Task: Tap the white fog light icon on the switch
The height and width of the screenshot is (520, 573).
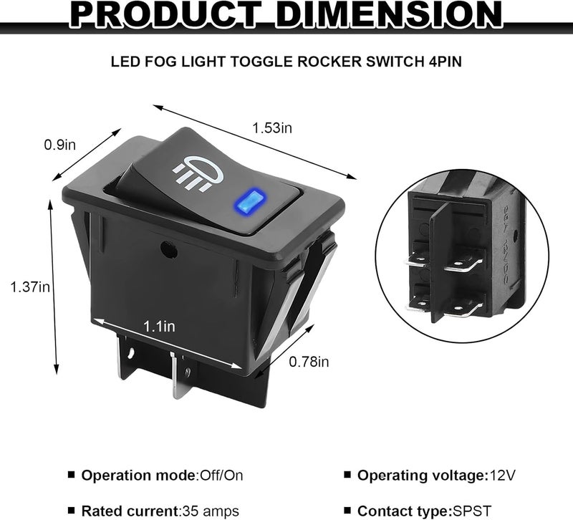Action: pos(198,174)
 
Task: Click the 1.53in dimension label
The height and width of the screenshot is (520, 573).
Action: pos(272,128)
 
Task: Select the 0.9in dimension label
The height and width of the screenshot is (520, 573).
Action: pos(60,145)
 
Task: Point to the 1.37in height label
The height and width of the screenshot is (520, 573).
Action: pos(30,287)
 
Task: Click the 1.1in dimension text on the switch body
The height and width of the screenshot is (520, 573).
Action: pos(159,327)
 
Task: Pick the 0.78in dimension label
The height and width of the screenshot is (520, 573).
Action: pos(309,362)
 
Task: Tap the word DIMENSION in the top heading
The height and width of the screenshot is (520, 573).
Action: pos(388,14)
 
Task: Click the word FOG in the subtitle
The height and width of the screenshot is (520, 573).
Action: pos(159,62)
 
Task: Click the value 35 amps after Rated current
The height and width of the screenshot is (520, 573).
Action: pos(211,511)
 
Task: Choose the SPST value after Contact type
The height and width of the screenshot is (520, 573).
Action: pos(472,511)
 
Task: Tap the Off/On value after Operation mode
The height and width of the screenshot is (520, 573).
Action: pos(221,476)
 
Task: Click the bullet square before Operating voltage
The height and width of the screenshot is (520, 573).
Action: pos(347,475)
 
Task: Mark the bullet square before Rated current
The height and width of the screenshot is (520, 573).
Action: pos(71,510)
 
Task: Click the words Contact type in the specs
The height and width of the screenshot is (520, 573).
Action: pos(403,511)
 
